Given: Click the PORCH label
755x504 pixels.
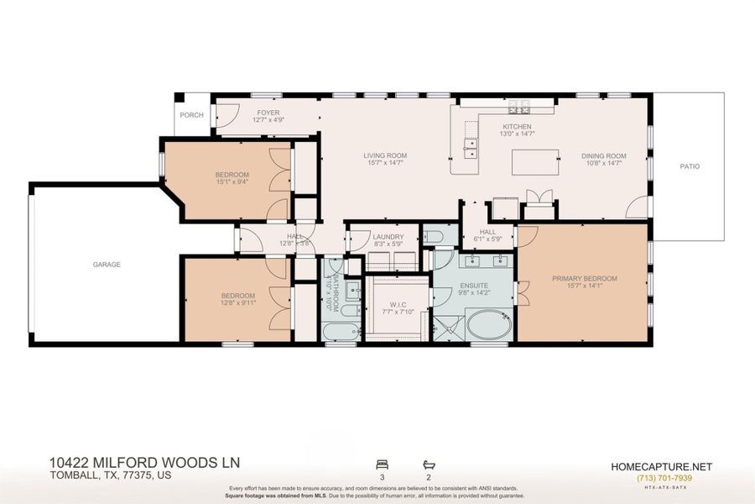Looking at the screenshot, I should coord(191,115).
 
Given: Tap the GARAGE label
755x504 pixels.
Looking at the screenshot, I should coord(107,265).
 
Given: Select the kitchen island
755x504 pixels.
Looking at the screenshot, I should coord(535,162).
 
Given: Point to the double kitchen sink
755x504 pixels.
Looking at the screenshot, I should coord(471,149).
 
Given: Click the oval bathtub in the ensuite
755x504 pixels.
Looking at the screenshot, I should coord(488,325).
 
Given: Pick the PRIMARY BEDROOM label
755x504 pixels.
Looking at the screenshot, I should coord(584,279).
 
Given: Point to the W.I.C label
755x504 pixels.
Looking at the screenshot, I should coord(398,304).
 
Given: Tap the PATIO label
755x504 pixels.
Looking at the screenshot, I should coord(689,166).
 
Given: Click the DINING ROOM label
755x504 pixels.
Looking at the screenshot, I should coord(604,155).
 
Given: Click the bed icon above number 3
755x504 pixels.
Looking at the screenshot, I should coord(383,465).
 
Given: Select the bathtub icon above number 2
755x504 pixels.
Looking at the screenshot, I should coord(429,465).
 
